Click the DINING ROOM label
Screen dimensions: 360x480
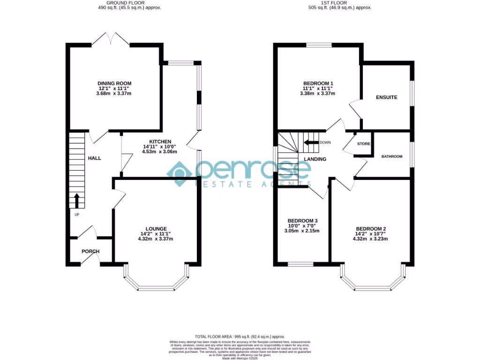point(115,82)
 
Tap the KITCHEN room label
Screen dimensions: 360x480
point(160,142)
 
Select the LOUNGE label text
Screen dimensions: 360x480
point(156,229)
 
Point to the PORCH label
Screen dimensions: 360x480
point(90,251)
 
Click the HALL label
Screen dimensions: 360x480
point(95,158)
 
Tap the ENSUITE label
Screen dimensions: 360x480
point(386,97)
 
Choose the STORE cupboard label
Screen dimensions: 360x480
point(363,144)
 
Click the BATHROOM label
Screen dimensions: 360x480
point(391,157)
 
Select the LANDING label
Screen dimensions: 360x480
point(315,159)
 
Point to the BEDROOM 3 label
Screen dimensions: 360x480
point(302,221)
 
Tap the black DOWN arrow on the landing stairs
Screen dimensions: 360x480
point(311,142)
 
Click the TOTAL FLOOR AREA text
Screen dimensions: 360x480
point(240,337)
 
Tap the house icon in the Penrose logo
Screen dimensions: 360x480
point(181,173)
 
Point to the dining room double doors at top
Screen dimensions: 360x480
point(111,39)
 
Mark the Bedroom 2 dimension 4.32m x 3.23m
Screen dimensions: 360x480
point(371,239)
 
